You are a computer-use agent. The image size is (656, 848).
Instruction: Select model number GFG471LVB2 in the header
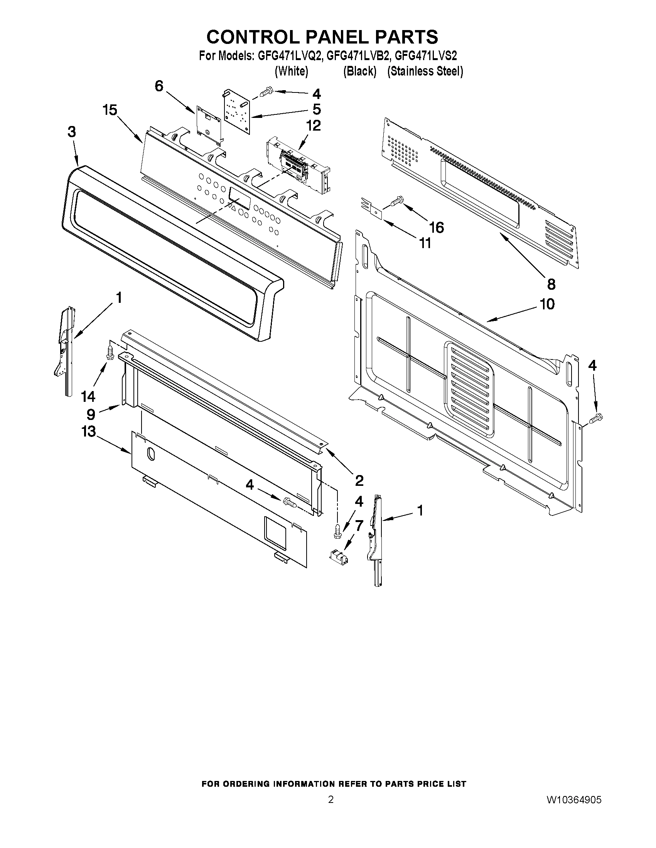coord(358,56)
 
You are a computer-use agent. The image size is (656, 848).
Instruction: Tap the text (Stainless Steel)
coord(425,71)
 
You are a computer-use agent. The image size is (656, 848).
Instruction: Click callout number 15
coord(110,110)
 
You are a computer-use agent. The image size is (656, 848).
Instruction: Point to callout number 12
coord(314,126)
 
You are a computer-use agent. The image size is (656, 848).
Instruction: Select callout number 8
coord(551,284)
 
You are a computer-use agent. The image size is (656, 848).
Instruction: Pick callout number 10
coord(547,304)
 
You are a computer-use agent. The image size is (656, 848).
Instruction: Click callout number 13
coord(89,432)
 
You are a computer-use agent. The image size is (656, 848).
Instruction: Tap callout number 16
coord(437,228)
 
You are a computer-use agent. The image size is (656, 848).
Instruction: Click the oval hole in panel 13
coord(151,454)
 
